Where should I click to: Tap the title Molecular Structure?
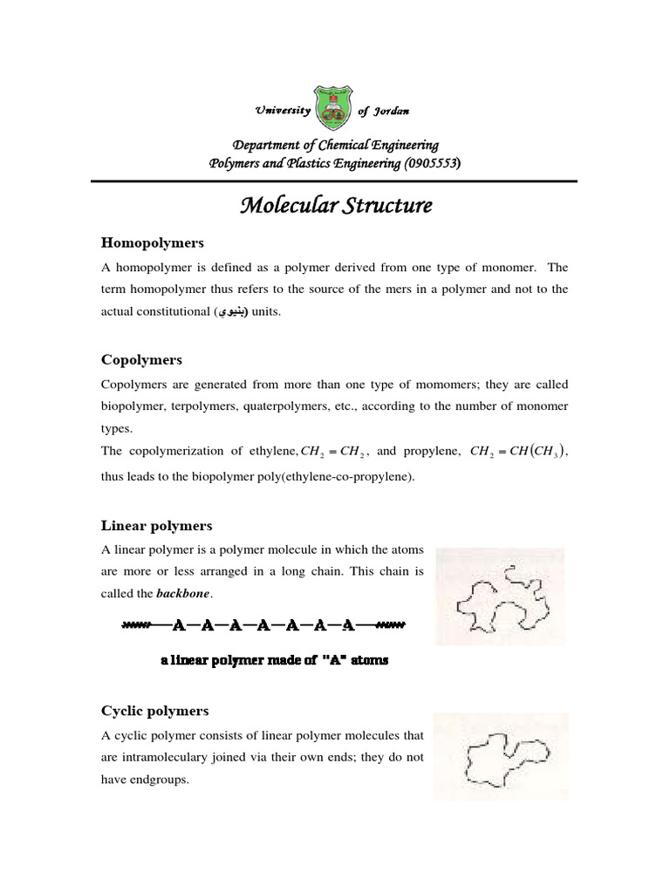pos(336,206)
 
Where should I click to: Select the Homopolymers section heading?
pos(153,242)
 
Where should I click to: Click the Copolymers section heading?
pos(141,359)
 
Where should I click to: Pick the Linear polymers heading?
pos(157,525)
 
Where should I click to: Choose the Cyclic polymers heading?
pos(155,711)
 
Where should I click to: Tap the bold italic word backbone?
pos(183,594)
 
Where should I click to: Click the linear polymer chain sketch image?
pos(500,596)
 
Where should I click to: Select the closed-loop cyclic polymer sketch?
pos(501,755)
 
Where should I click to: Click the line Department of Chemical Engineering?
pos(335,145)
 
